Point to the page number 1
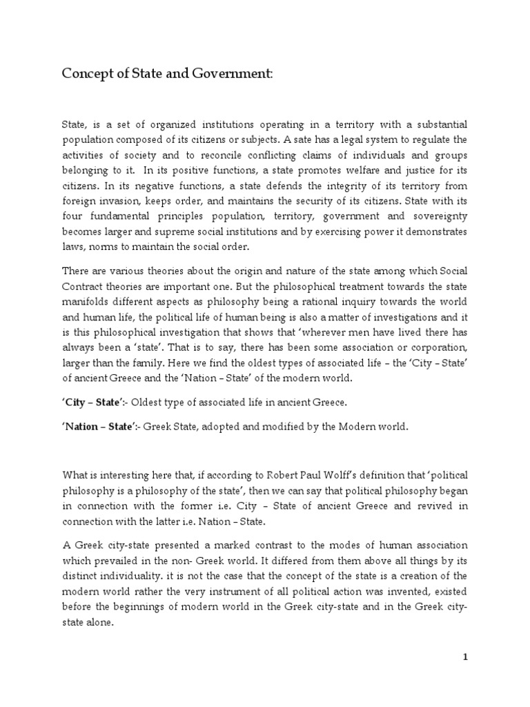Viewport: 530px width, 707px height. (465, 657)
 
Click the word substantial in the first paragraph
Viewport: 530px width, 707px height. (437, 124)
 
